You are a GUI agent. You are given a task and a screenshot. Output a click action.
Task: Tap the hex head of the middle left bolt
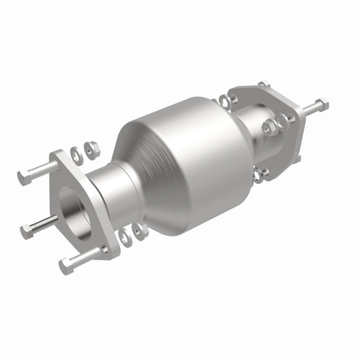pyautogui.click(x=26, y=230)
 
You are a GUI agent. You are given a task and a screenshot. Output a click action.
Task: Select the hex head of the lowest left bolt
pyautogui.click(x=65, y=265)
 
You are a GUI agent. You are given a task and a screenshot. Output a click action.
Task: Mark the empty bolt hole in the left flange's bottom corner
pyautogui.click(x=104, y=248)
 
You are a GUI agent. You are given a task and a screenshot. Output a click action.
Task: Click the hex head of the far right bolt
pyautogui.click(x=322, y=103)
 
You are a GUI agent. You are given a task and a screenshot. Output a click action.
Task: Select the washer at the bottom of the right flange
pyautogui.click(x=259, y=174)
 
